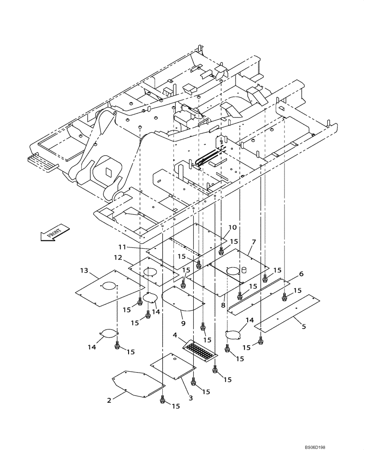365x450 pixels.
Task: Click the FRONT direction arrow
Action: [55, 232]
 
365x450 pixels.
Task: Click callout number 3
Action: [191, 398]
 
